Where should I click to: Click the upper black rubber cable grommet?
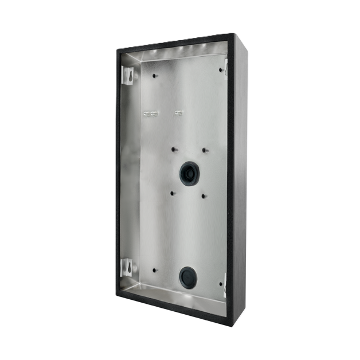(189, 173)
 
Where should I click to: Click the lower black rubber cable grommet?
(187, 277)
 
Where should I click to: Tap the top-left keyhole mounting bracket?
(130, 75)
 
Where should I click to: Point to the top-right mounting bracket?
(225, 67)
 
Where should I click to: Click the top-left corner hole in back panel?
(154, 75)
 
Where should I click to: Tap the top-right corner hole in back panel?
(220, 70)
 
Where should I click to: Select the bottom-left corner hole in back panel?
(154, 268)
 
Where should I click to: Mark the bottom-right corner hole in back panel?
(220, 283)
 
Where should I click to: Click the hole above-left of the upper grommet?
(174, 149)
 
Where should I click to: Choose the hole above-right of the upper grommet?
(204, 151)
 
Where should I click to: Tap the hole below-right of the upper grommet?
(204, 196)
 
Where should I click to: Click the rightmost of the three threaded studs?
(178, 112)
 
